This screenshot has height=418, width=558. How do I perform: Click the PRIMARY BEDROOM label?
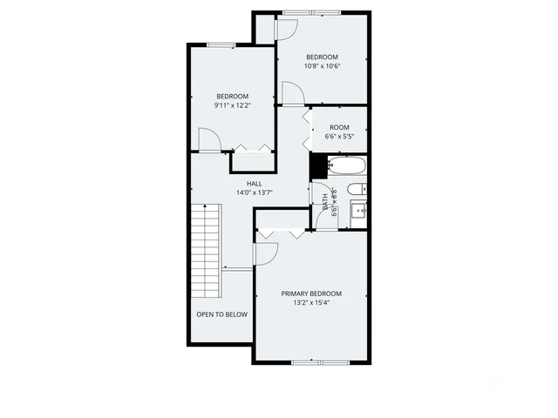click(311, 293)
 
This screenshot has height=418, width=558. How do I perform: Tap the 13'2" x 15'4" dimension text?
click(311, 303)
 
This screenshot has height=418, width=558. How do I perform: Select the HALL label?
click(255, 183)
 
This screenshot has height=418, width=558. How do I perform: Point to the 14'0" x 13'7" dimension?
click(255, 192)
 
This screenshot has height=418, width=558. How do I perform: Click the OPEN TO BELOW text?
click(221, 314)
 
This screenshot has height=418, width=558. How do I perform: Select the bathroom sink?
click(357, 211)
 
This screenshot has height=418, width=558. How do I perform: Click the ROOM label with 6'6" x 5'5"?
click(339, 127)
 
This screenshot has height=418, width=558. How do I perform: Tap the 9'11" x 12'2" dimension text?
click(232, 105)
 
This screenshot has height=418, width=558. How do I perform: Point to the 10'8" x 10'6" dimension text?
click(322, 66)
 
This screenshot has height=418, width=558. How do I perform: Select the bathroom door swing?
click(325, 216)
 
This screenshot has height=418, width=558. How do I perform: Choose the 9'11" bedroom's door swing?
click(209, 139)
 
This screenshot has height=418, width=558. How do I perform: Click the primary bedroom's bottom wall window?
click(313, 361)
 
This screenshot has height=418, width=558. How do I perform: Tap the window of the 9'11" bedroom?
click(221, 44)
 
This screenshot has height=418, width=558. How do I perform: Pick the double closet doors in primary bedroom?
click(279, 233)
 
